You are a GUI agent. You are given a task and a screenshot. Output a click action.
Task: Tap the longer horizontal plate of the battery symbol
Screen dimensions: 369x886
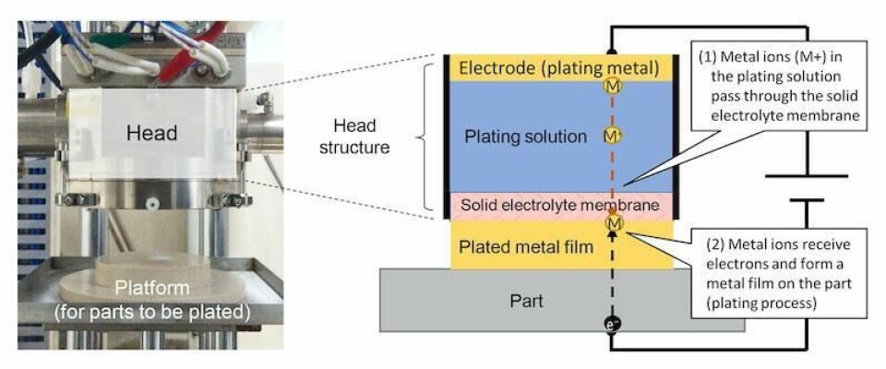click(x=807, y=175)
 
